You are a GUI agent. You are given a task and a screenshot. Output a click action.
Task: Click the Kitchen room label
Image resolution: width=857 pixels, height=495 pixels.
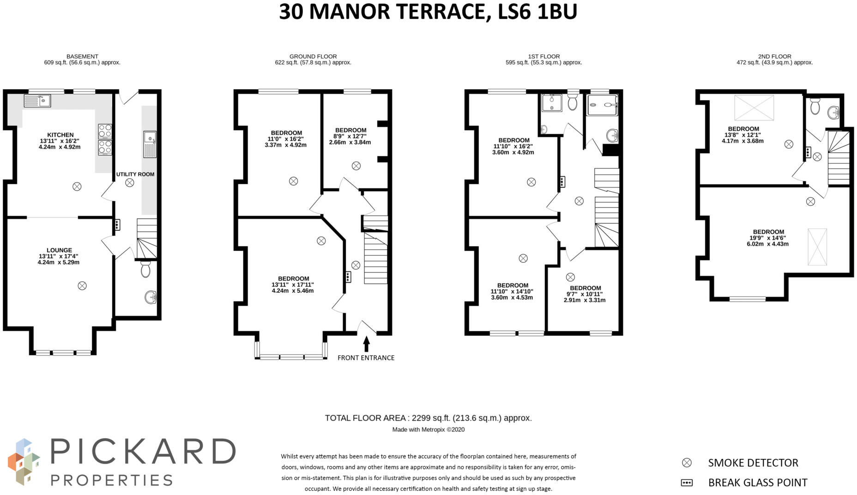pyautogui.click(x=60, y=135)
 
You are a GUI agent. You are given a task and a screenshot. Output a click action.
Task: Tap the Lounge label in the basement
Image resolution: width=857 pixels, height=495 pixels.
pyautogui.click(x=59, y=250)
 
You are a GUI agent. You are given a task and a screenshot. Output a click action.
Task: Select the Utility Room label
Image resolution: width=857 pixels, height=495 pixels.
pyautogui.click(x=135, y=174)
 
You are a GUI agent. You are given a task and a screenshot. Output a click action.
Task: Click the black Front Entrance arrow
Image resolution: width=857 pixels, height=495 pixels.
pyautogui.click(x=367, y=344)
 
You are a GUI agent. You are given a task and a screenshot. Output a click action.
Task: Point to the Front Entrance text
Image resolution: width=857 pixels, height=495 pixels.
pyautogui.click(x=366, y=358)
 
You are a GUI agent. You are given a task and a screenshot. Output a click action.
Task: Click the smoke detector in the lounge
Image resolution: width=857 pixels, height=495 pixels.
pyautogui.click(x=82, y=286)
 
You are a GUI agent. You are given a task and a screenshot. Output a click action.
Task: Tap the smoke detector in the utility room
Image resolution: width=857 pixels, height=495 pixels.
pyautogui.click(x=130, y=183)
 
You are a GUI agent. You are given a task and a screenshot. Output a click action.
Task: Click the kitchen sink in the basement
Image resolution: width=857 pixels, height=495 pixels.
pyautogui.click(x=37, y=101)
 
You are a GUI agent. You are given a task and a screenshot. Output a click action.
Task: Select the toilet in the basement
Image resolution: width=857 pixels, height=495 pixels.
pyautogui.click(x=145, y=268)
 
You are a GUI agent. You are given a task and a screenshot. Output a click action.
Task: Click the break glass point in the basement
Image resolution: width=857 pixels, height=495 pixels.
pyautogui.click(x=117, y=225)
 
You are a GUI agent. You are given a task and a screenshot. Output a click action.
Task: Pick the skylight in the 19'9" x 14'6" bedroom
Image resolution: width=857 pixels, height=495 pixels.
pyautogui.click(x=817, y=247)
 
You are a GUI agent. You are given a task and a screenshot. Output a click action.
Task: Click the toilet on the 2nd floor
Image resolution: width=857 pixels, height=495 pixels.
pyautogui.click(x=815, y=106)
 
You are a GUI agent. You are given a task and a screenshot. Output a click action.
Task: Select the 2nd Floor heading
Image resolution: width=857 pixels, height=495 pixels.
pyautogui.click(x=775, y=56)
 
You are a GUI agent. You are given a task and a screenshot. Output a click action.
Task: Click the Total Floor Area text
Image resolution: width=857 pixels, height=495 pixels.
pyautogui.click(x=428, y=418)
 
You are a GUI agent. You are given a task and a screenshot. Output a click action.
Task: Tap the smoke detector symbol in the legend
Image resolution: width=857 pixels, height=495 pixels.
pyautogui.click(x=687, y=463)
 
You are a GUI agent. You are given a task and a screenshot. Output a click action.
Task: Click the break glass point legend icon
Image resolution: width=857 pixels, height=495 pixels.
pyautogui.click(x=687, y=483)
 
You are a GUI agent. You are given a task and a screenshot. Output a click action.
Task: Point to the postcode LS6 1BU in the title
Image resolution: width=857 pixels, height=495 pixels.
pyautogui.click(x=538, y=12)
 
